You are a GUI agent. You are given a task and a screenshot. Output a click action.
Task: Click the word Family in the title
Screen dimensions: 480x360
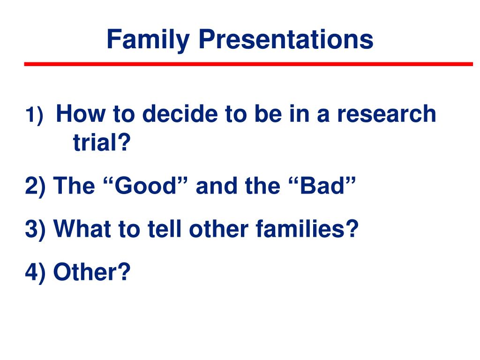click(x=148, y=40)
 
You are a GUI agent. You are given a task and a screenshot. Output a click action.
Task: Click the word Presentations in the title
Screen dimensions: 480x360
click(x=286, y=39)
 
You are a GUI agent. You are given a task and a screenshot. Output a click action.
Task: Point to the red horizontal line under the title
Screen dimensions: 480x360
click(x=248, y=64)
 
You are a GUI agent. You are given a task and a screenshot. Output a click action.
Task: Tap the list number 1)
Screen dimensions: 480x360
click(x=34, y=115)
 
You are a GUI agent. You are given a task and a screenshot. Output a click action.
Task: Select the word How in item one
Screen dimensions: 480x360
click(x=81, y=113)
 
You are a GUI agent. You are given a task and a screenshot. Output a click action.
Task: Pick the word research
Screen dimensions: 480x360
click(x=386, y=113)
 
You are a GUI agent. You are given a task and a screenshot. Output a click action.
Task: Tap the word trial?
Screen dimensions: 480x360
click(x=102, y=142)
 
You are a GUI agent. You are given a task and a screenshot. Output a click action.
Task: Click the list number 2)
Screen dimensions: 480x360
click(x=35, y=186)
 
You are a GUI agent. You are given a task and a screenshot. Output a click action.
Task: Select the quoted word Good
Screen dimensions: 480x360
click(x=145, y=185)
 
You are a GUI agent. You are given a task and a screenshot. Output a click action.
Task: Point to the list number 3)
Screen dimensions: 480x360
click(x=35, y=229)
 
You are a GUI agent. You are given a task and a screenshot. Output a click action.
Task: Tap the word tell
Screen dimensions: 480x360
click(x=165, y=228)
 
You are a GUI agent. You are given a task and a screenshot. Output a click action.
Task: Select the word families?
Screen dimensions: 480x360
click(x=307, y=228)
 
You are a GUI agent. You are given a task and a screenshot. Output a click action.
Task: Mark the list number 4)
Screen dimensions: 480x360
click(x=35, y=272)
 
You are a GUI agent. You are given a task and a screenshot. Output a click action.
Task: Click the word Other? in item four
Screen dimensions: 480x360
click(x=92, y=271)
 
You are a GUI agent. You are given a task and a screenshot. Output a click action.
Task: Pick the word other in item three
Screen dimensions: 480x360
click(x=218, y=228)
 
